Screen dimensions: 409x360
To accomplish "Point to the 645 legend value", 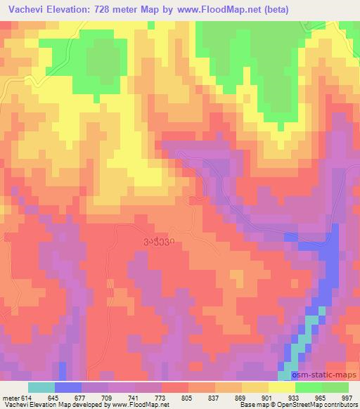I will click(53, 398).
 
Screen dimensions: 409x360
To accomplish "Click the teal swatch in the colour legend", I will click(41, 387).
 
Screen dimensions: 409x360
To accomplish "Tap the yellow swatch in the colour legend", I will click(281, 387).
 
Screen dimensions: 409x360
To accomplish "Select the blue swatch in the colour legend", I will click(68, 387).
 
